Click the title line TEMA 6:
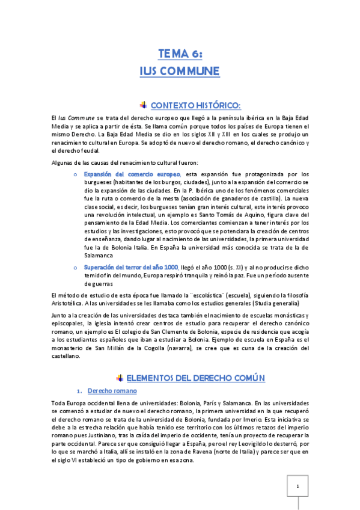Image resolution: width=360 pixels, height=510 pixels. (x=180, y=54)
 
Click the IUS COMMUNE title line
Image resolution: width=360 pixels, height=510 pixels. (x=180, y=72)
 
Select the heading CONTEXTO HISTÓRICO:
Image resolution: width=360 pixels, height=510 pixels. (x=188, y=105)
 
